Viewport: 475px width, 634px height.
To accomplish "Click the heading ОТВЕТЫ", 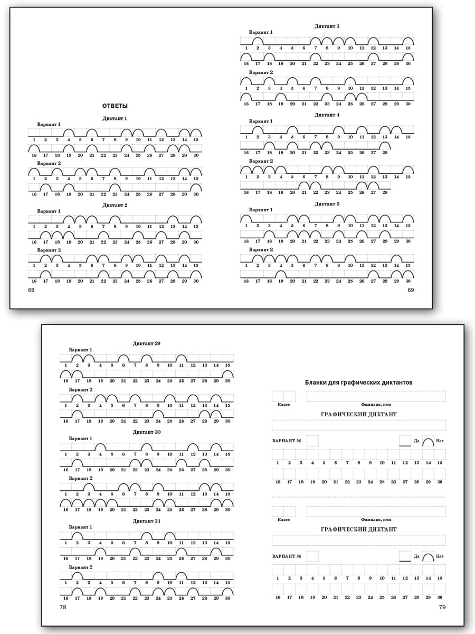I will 115,106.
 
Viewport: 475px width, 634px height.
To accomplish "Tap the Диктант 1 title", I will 115,118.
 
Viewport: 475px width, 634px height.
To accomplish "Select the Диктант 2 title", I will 115,205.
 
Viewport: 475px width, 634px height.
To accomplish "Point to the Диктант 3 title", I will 327,26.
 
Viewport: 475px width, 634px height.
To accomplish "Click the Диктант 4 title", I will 327,115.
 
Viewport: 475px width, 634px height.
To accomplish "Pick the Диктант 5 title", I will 327,203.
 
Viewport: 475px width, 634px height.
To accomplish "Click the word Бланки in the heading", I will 316,382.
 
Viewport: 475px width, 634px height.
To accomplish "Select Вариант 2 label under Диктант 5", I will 261,249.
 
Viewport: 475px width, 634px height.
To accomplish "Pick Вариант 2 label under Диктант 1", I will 49,163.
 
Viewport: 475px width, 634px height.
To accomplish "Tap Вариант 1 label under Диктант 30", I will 81,439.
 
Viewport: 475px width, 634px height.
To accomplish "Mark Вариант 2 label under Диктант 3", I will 261,72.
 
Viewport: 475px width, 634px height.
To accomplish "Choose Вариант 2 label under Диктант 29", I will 81,389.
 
